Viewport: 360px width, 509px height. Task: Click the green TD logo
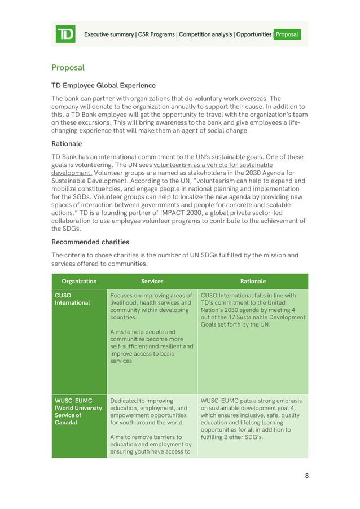[65, 34]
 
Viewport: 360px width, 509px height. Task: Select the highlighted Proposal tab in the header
[287, 34]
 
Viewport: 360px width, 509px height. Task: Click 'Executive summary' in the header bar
[109, 34]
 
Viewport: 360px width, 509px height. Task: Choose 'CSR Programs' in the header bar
[156, 34]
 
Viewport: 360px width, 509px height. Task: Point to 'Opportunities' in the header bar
[253, 34]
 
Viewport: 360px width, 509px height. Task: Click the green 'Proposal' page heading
[68, 68]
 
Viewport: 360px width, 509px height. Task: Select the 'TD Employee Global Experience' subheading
[103, 86]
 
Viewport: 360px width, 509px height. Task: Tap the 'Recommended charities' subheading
[90, 242]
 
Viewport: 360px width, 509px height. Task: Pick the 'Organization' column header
[79, 281]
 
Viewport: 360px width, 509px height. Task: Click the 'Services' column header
[152, 281]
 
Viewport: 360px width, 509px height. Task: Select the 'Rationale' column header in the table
[253, 281]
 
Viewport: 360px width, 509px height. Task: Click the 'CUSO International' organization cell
[72, 299]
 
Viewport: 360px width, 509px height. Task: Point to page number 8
[306, 476]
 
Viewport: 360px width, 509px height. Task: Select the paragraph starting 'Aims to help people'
[151, 346]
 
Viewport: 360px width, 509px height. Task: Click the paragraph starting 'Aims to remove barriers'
[151, 445]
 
